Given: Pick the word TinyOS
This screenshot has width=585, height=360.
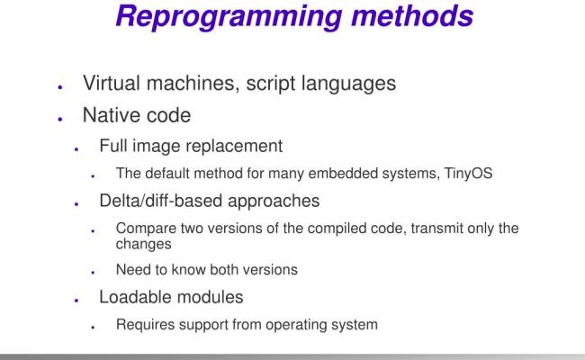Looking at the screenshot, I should click(x=468, y=174).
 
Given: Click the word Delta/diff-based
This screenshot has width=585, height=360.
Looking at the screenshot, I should click(x=163, y=202).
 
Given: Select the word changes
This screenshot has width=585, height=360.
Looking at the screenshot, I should click(x=141, y=243).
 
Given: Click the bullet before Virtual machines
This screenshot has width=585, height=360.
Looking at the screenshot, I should click(x=59, y=87).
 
